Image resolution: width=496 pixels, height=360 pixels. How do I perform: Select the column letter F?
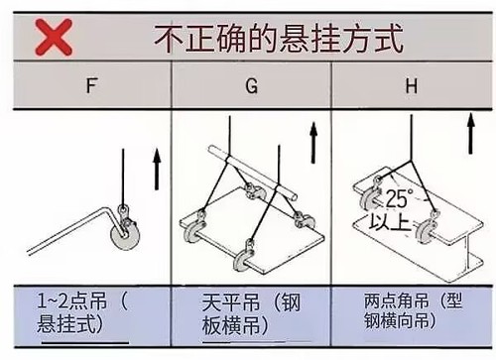point(92,86)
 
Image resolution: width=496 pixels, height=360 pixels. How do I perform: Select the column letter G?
point(252,86)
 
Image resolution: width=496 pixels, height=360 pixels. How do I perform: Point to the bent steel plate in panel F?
point(69,238)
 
